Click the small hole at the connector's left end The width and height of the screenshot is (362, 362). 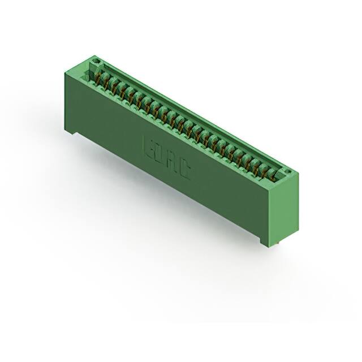point(96,59)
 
